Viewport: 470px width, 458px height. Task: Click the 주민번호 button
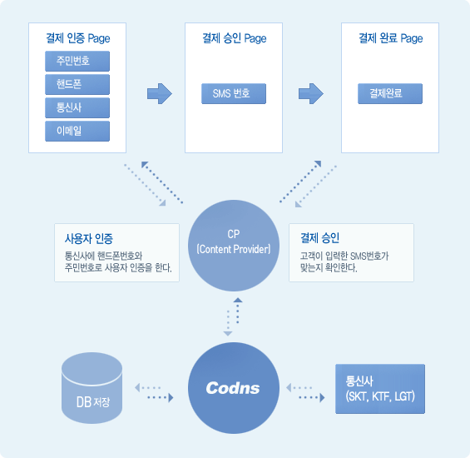(x=77, y=62)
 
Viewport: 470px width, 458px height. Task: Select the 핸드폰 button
(x=77, y=84)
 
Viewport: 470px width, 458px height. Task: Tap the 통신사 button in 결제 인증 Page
(x=77, y=107)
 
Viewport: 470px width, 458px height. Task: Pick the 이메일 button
(x=77, y=132)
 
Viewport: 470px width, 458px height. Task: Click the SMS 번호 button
(x=234, y=93)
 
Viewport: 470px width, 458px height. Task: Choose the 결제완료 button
(x=390, y=93)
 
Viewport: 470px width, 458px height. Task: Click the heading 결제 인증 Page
(x=78, y=38)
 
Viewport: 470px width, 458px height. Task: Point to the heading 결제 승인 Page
(x=235, y=38)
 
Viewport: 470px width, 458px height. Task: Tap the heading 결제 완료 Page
(x=391, y=38)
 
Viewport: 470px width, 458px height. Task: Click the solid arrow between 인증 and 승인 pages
(x=160, y=93)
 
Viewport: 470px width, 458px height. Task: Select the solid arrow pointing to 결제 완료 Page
(x=311, y=93)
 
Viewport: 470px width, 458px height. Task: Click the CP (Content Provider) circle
(x=234, y=246)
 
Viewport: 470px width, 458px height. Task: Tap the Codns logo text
(x=233, y=388)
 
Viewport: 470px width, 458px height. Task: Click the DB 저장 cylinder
(x=92, y=388)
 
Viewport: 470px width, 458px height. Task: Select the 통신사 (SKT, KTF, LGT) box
(x=380, y=389)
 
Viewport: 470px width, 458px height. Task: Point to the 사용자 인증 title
(x=89, y=239)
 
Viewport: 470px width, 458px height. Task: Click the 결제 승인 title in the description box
(x=319, y=238)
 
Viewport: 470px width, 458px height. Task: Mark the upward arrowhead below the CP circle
(x=238, y=300)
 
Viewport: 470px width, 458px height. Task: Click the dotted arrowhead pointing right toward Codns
(x=171, y=397)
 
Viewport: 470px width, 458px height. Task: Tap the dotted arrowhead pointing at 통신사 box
(x=322, y=397)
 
